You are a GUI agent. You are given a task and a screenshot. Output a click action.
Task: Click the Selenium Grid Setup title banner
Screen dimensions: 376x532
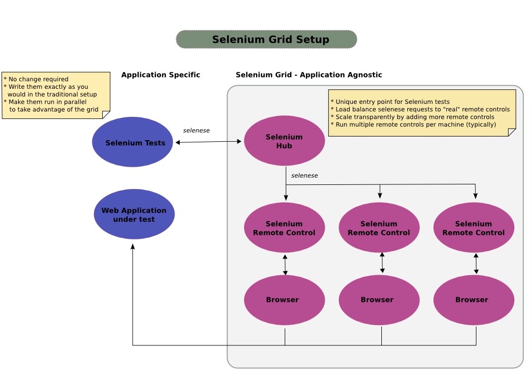pos(267,39)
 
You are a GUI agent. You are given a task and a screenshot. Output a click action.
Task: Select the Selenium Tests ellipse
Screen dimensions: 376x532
pos(132,142)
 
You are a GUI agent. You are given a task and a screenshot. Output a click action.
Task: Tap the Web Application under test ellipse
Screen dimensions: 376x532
pos(134,214)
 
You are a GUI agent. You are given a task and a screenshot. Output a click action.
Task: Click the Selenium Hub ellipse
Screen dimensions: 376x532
pos(284,141)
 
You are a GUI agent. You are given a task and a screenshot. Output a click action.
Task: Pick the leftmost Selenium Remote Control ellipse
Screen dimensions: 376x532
pos(284,227)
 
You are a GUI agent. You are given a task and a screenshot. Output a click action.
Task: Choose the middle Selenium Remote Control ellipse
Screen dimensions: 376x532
pos(379,227)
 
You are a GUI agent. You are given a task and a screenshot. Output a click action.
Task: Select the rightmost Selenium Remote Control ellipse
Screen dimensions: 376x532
pos(473,227)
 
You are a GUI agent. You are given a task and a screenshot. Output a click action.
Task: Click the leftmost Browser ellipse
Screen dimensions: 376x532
pos(284,300)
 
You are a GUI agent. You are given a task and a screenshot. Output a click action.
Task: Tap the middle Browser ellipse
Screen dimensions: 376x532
pos(379,300)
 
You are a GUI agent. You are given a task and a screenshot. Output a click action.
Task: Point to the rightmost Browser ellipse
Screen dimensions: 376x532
pos(473,300)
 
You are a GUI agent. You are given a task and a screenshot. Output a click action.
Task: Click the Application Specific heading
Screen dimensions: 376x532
pos(161,75)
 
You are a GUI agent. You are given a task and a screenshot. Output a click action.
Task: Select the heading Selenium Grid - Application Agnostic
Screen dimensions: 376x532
pos(309,75)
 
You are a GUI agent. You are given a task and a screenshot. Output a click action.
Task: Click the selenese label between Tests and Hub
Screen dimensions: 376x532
pos(196,130)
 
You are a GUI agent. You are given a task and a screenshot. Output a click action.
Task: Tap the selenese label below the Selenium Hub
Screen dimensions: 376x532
pos(304,176)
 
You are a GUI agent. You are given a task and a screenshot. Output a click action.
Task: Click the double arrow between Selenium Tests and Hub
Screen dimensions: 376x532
pos(208,142)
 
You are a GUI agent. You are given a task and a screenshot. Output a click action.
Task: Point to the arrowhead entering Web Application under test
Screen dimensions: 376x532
pos(133,247)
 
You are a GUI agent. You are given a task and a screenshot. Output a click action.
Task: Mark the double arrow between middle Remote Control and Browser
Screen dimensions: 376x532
pos(382,263)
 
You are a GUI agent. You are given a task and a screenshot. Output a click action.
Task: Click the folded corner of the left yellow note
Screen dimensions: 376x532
pos(107,115)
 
